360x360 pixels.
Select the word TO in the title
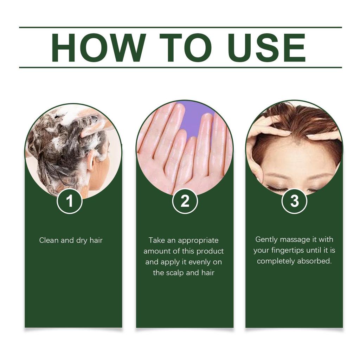coord(179,48)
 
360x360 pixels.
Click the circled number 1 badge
coord(70,201)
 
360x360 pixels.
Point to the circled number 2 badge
coord(185,201)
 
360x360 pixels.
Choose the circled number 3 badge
coord(294,201)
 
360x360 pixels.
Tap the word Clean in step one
coord(49,240)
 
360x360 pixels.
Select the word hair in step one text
coord(96,240)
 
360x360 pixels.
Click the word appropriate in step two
coord(198,240)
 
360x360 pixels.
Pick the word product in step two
coord(210,251)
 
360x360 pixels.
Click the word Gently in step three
coord(266,239)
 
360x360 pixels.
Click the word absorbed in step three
coord(314,261)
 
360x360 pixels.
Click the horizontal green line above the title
coord(180,27)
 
